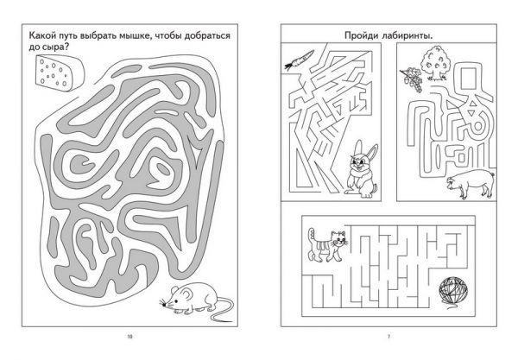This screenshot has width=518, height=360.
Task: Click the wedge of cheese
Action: (x=60, y=73)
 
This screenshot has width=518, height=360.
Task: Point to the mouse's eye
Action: (x=176, y=301)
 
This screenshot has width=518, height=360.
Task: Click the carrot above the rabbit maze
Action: (x=300, y=60)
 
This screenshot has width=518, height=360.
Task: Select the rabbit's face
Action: (x=359, y=162)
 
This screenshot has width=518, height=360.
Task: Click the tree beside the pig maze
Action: (x=434, y=63)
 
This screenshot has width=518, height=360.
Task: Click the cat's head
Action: (x=338, y=239)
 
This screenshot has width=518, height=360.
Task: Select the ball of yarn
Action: (x=453, y=290)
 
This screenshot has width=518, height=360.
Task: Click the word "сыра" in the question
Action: (x=53, y=47)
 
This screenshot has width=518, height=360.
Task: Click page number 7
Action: (x=388, y=337)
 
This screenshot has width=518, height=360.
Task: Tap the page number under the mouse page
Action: (x=129, y=337)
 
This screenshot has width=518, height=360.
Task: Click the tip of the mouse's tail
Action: (x=232, y=321)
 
